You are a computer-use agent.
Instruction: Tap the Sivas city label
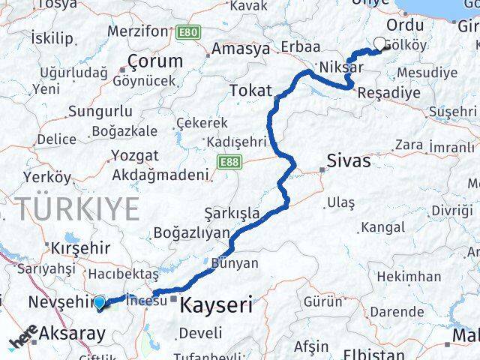pyautogui.click(x=349, y=160)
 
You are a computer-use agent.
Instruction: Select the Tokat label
pyautogui.click(x=250, y=91)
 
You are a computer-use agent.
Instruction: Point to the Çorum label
pyautogui.click(x=155, y=61)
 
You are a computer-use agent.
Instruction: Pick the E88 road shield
pyautogui.click(x=228, y=161)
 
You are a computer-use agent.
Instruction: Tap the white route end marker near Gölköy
pyautogui.click(x=380, y=43)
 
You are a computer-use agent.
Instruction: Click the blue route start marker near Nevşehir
pyautogui.click(x=100, y=302)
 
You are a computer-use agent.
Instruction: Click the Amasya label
pyautogui.click(x=241, y=49)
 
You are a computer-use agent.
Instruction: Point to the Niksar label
pyautogui.click(x=340, y=67)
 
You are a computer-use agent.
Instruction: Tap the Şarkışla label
pyautogui.click(x=233, y=212)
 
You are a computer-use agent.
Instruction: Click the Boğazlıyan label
pyautogui.click(x=190, y=232)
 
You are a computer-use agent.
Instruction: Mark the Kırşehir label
pyautogui.click(x=79, y=247)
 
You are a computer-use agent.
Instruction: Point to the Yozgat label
pyautogui.click(x=134, y=156)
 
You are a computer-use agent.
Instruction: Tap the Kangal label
pyautogui.click(x=382, y=226)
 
